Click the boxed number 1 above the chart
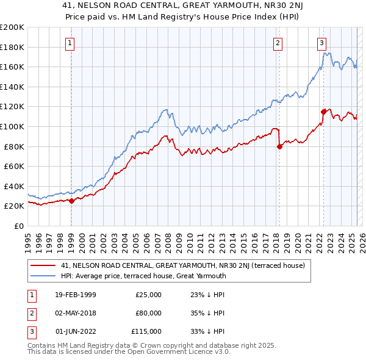[71, 43]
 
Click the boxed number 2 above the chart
[278, 43]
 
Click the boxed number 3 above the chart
[321, 43]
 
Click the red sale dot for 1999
[71, 201]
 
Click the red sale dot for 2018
[279, 146]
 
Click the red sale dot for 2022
[323, 112]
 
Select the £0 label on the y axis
[19, 226]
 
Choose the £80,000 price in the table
[148, 313]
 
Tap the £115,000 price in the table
[146, 331]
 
